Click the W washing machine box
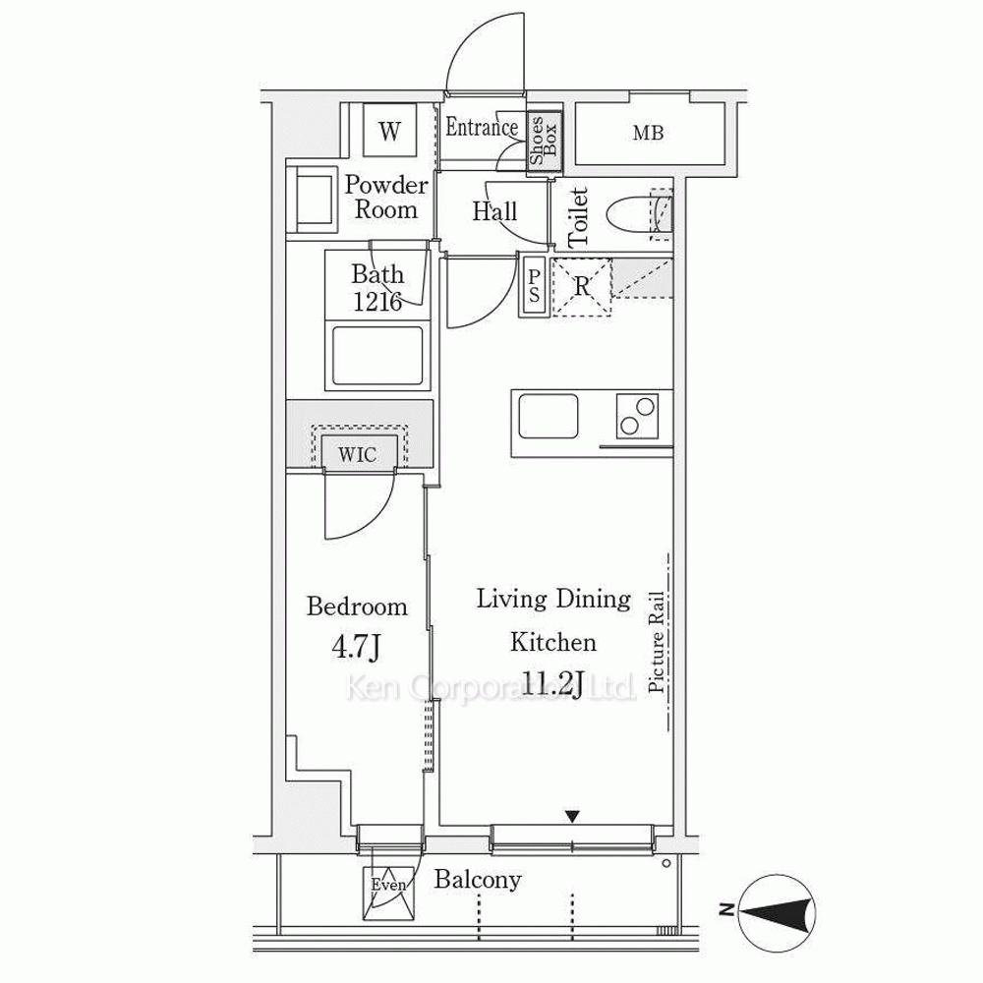[389, 131]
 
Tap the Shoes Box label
[544, 141]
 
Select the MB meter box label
[648, 133]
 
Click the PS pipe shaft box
[534, 286]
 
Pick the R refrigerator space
[581, 287]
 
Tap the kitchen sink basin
[548, 416]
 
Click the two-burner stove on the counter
[637, 416]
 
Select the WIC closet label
[358, 454]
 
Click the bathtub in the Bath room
[377, 355]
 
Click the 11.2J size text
[552, 683]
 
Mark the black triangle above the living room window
[572, 817]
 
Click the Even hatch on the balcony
[389, 893]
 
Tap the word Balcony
[478, 880]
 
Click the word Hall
[494, 211]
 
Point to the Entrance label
[482, 127]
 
